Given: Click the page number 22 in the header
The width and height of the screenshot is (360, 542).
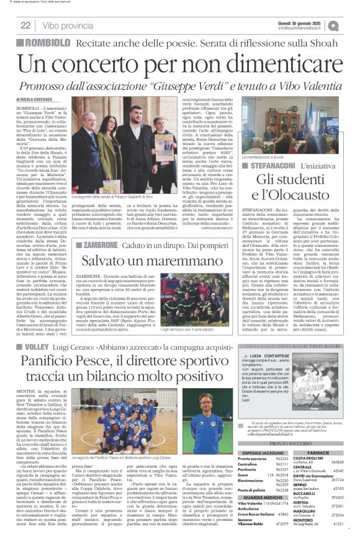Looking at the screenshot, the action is [x=25, y=25].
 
